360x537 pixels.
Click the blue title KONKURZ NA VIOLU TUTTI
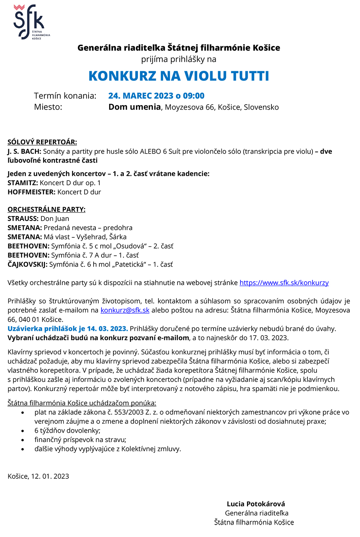click(179, 76)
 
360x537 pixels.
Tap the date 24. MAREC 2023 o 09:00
click(156, 96)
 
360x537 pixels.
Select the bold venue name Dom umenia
click(135, 107)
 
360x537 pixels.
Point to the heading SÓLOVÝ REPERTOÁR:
click(42, 142)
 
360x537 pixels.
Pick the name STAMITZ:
click(23, 183)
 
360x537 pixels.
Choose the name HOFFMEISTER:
click(31, 192)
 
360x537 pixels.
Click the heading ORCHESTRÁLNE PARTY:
click(46, 209)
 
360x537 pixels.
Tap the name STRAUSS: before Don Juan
click(23, 219)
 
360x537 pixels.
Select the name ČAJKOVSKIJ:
click(27, 264)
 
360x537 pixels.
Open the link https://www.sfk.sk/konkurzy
click(284, 283)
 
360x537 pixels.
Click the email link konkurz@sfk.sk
click(125, 310)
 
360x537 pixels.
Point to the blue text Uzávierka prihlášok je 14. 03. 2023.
click(68, 328)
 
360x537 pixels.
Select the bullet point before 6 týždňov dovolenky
click(23, 431)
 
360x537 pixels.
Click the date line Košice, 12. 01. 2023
click(38, 476)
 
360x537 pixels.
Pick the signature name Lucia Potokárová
click(256, 504)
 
